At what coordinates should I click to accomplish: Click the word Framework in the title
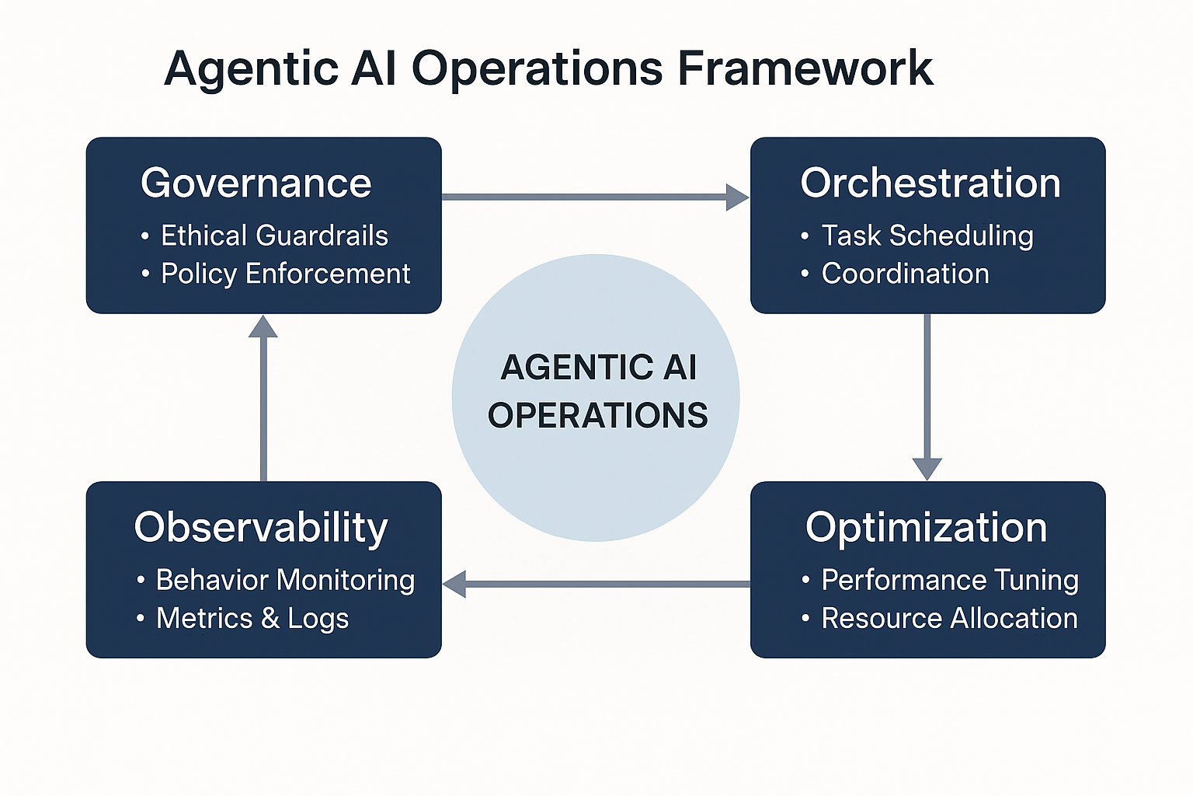[805, 68]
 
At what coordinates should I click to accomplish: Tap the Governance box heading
[256, 184]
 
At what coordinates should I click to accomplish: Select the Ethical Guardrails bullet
[274, 236]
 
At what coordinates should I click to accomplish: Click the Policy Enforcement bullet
[285, 274]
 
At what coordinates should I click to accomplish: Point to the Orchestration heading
[930, 183]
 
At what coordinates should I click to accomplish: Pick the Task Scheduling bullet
[927, 236]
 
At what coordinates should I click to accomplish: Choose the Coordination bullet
[905, 274]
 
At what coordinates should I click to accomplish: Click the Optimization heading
[926, 528]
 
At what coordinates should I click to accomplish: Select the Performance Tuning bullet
[950, 580]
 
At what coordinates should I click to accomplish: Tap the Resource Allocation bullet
[949, 618]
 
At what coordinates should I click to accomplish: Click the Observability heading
[260, 528]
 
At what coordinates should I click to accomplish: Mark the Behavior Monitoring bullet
[285, 580]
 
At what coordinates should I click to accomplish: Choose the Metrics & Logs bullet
[252, 618]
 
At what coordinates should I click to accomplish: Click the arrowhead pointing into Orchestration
[736, 197]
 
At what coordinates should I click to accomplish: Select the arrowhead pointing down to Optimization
[927, 469]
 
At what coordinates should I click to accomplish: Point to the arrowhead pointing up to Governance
[263, 327]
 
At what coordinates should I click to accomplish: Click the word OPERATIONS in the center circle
[597, 415]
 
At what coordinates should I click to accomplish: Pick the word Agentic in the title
[251, 68]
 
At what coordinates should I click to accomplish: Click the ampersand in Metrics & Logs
[270, 618]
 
